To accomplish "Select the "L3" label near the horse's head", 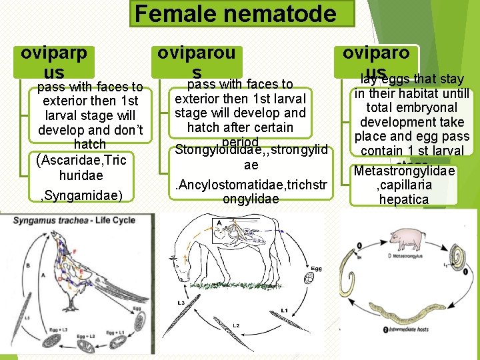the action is (x=181, y=303).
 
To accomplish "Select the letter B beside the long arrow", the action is (x=29, y=265).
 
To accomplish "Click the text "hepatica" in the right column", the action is (x=403, y=199).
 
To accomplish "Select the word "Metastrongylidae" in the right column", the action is (x=404, y=171).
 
